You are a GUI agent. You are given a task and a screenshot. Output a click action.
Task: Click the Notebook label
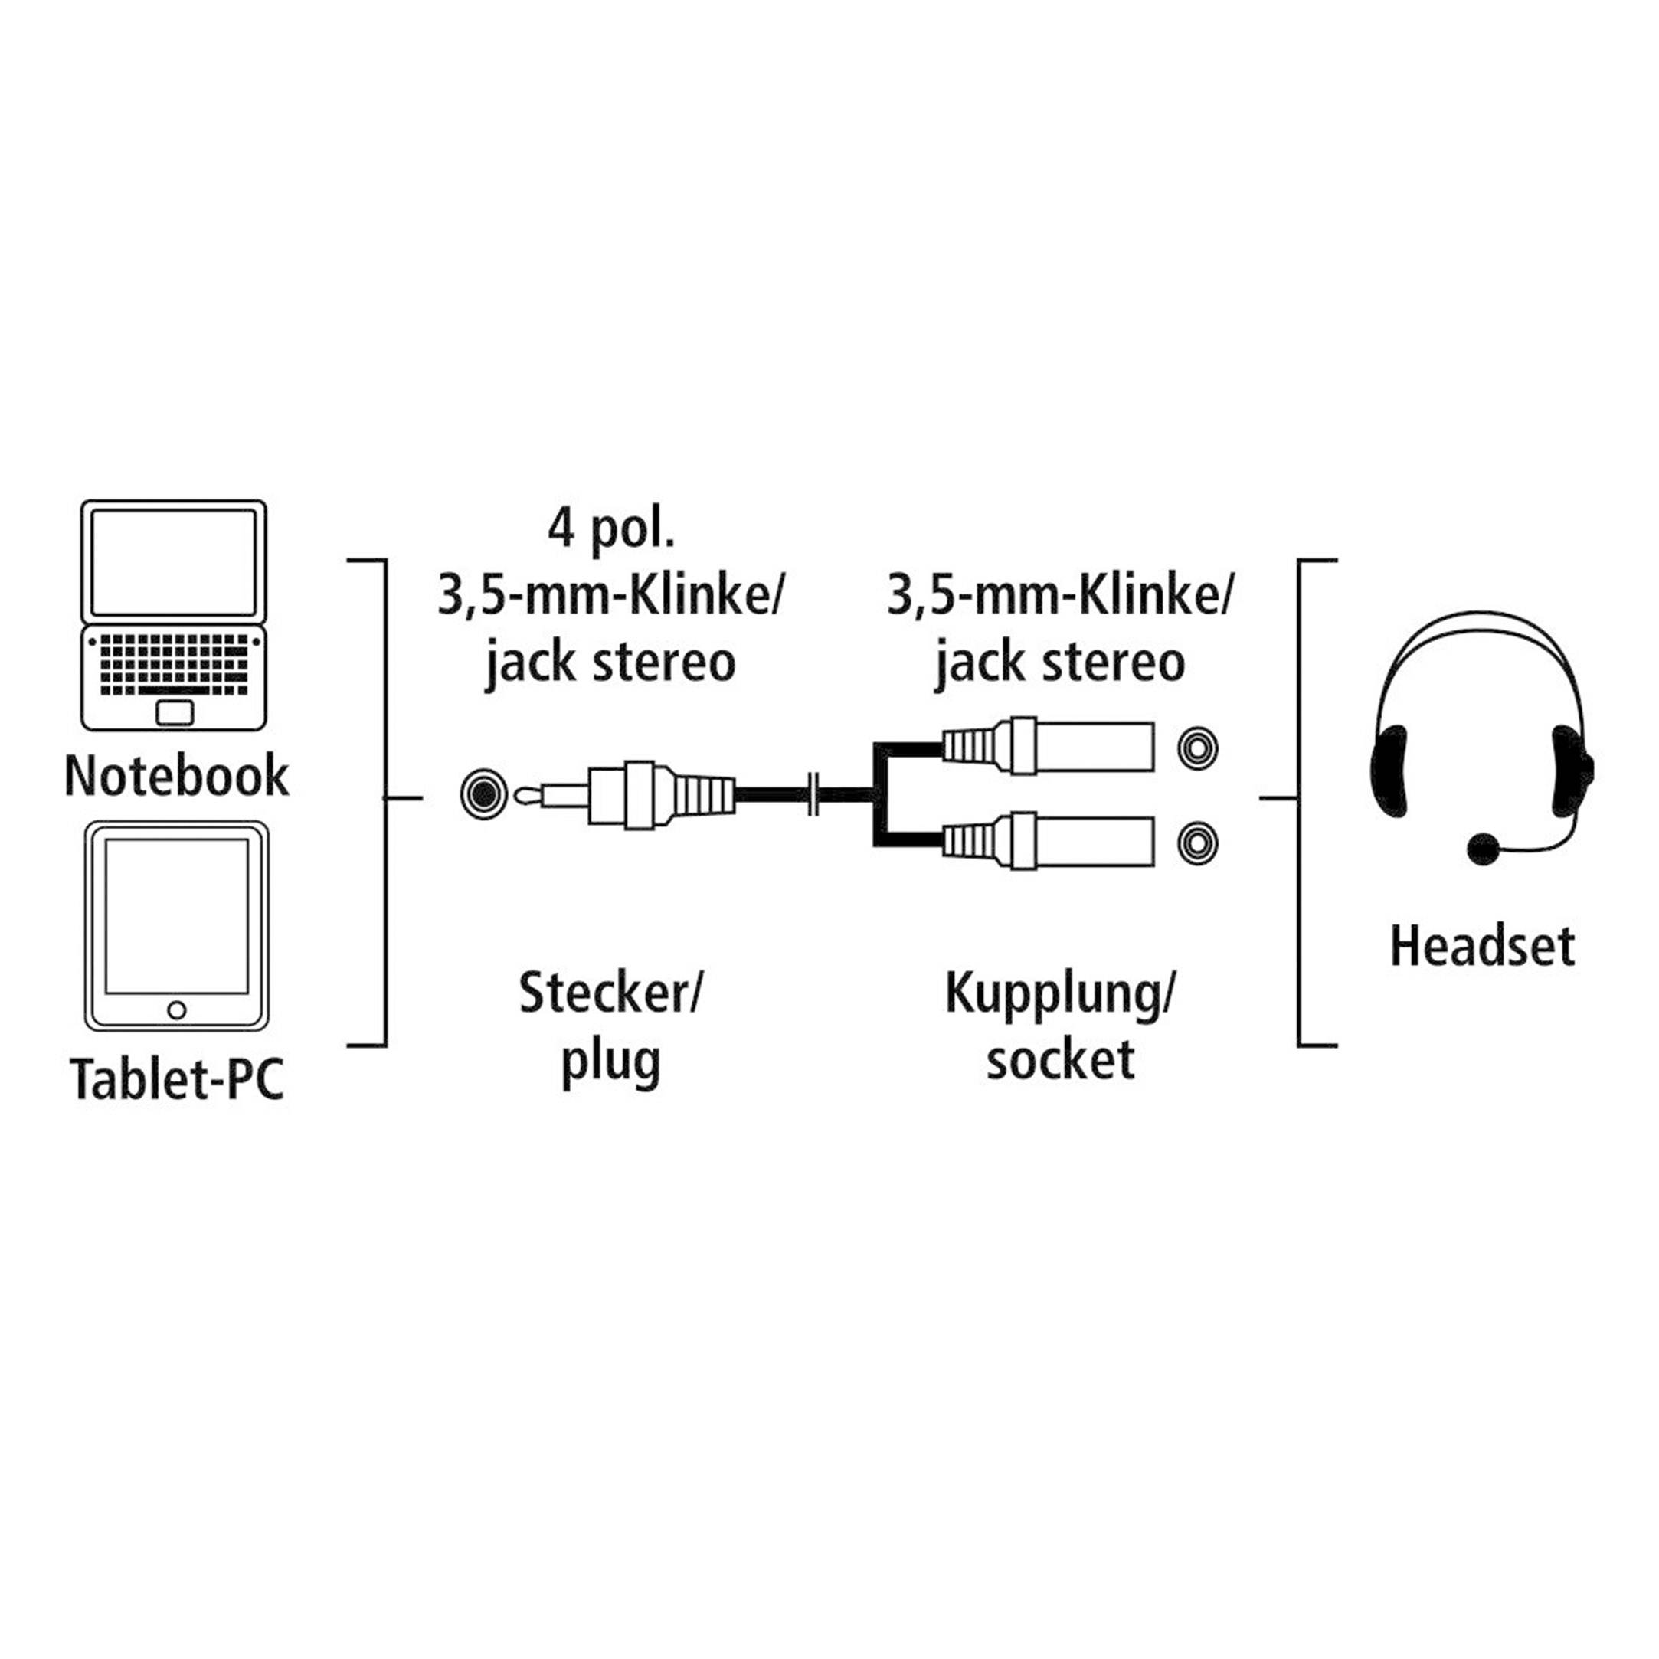pyautogui.click(x=176, y=776)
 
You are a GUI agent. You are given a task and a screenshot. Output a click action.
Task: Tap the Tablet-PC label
pyautogui.click(x=176, y=1079)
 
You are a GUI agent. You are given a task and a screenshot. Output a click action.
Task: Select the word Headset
pyautogui.click(x=1482, y=946)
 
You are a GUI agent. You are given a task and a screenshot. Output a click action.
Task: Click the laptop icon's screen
pyautogui.click(x=173, y=561)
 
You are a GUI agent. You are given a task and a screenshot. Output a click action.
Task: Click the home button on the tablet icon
pyautogui.click(x=177, y=1009)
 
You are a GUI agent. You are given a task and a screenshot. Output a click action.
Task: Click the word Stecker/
pyautogui.click(x=610, y=993)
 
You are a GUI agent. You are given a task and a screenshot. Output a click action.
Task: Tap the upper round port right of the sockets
pyautogui.click(x=1197, y=748)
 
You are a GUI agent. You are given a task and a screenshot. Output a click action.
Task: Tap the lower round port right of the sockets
pyautogui.click(x=1197, y=843)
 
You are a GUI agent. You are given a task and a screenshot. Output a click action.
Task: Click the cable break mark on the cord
pyautogui.click(x=814, y=795)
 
